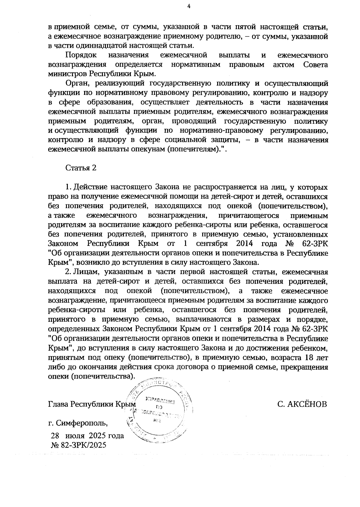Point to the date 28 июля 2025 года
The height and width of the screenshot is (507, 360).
[x=87, y=436]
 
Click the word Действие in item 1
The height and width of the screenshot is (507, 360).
[x=90, y=187]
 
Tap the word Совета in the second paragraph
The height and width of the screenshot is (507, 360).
[x=316, y=65]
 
